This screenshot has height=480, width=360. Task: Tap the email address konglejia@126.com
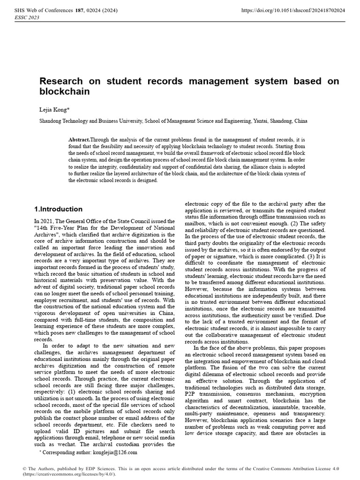(x=114, y=452)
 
